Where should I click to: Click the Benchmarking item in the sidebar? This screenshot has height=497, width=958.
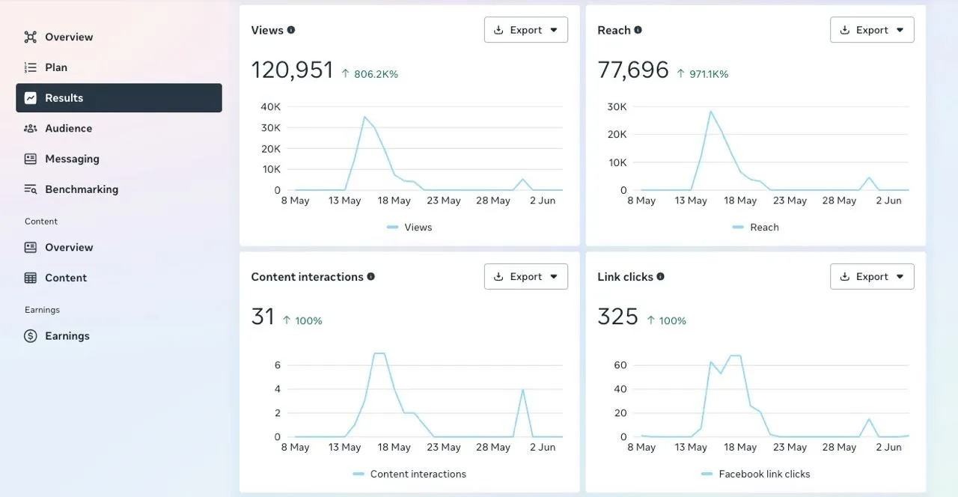81,189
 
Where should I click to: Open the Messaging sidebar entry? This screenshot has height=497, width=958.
72,159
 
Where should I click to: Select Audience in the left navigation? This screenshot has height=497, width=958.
68,129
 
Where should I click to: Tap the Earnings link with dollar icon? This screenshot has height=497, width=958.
67,336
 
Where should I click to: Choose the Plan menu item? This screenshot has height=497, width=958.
55,67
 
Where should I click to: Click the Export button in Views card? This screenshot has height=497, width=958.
525,30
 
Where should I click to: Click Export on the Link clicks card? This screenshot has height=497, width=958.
872,276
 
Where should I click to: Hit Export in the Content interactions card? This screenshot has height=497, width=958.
525,276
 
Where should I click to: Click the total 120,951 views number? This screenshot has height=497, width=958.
292,70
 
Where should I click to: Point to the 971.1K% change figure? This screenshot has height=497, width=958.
708,74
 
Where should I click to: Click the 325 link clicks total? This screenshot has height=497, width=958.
617,317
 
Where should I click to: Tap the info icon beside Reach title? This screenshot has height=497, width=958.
638,30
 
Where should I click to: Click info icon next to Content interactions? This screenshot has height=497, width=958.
371,276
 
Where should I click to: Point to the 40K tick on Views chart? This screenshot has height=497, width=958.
270,107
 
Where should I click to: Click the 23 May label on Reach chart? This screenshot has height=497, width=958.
790,201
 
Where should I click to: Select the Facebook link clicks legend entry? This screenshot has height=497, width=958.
763,474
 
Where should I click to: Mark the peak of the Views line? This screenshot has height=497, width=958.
364,117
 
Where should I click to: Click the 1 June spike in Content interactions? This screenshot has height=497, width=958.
522,390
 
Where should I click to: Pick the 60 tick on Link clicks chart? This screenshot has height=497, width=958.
620,365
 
